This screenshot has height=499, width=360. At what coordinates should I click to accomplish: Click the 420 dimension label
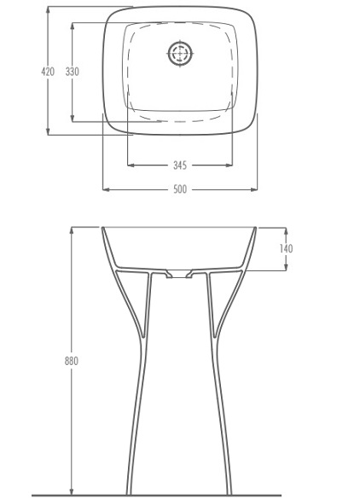tap(48, 72)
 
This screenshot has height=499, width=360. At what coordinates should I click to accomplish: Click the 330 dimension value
tap(73, 72)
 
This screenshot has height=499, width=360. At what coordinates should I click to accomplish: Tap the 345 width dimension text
tap(180, 165)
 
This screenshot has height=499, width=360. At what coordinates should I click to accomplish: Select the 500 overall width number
tap(180, 189)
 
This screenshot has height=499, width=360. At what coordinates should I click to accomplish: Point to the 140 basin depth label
tap(286, 248)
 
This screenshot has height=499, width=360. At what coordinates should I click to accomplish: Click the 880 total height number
tap(72, 361)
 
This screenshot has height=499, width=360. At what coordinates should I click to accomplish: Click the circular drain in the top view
tap(180, 53)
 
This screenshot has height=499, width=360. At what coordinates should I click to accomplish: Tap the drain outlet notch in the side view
tap(179, 274)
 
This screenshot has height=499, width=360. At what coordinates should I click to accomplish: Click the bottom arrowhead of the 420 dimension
tap(48, 131)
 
